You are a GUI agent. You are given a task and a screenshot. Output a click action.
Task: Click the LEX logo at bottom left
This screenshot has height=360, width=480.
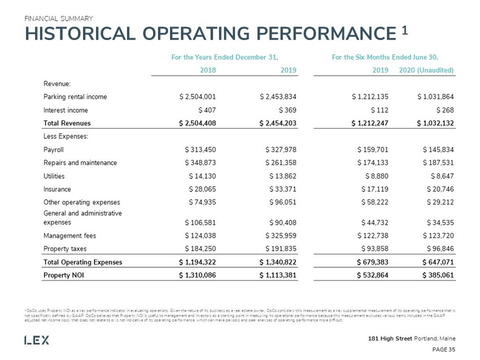tap(37, 340)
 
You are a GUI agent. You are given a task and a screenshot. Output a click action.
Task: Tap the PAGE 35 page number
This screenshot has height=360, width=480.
tap(444, 350)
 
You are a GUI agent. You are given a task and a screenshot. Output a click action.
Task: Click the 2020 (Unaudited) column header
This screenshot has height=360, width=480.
tap(426, 71)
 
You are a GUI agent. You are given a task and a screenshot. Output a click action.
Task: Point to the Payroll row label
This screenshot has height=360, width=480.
tap(54, 150)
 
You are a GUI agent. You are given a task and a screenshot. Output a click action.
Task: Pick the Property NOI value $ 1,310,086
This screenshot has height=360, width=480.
tap(193, 275)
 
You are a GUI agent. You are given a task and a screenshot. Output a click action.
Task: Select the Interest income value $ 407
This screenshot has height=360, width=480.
tap(207, 111)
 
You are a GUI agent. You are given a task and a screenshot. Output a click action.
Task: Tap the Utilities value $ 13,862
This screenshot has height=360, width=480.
tap(281, 176)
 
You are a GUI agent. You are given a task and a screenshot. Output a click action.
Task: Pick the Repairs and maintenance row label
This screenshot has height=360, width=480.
tap(80, 163)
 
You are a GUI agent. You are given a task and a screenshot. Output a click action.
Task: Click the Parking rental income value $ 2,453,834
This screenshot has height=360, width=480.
tap(276, 96)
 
